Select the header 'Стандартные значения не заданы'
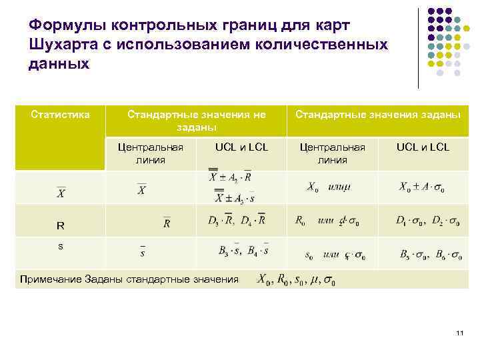197,121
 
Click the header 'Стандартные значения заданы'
378,115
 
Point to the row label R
60,225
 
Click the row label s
61,246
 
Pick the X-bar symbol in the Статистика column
61,193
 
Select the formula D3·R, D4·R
237,220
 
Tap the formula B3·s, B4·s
243,251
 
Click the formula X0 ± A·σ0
422,187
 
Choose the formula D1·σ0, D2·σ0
427,221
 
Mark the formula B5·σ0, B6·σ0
429,255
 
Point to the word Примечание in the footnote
51,279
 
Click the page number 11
458,333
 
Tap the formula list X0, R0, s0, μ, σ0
297,280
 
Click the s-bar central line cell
143,251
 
